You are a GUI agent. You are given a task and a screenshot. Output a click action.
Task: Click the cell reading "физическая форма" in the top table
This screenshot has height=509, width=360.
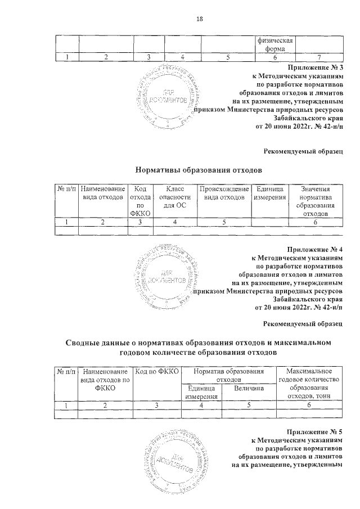coord(275,44)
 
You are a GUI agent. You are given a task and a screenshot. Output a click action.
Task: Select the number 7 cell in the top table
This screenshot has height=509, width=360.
coord(318,57)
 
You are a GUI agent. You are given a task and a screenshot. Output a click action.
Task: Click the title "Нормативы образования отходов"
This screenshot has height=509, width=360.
coord(200,169)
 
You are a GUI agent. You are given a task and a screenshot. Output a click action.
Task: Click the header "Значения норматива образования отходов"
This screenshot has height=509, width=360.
coord(315,201)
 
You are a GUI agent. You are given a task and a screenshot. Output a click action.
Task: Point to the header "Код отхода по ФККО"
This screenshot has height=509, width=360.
coord(140,201)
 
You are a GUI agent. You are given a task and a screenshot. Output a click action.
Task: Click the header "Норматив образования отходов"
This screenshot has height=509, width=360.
coord(228,376)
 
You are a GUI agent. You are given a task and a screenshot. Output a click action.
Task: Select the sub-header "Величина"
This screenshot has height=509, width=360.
coord(249,388)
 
